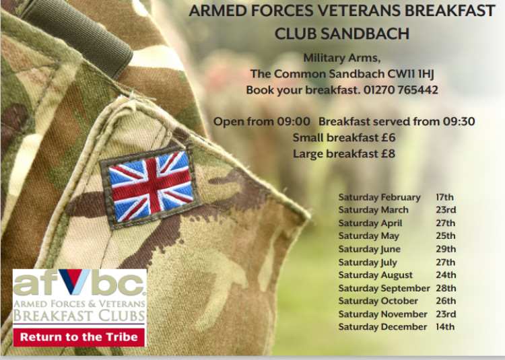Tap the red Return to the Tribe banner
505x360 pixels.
point(79,338)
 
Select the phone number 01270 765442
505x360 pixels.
point(401,89)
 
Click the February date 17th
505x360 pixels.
point(445,197)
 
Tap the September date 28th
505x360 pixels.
point(446,288)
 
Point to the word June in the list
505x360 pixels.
point(391,249)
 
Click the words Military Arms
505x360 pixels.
point(341,58)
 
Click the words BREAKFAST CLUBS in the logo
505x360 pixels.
point(79,316)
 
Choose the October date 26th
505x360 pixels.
point(446,301)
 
